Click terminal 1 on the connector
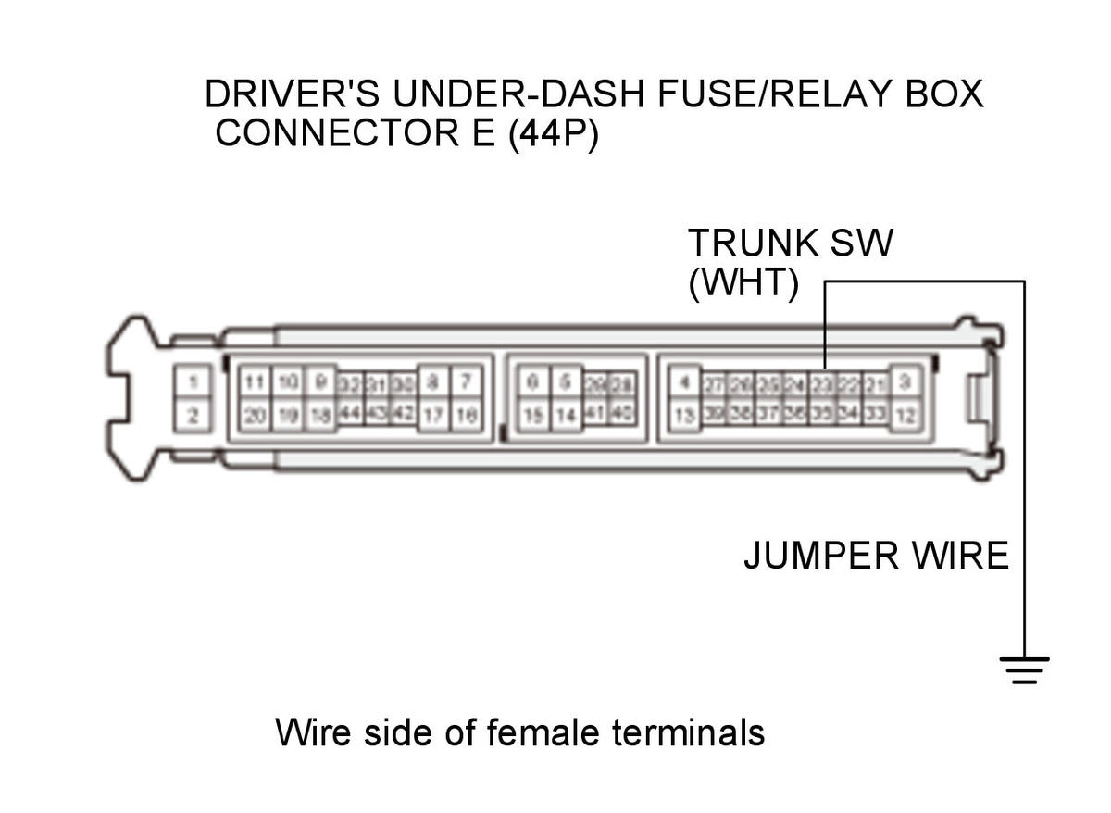[x=193, y=381]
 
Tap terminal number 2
[x=193, y=416]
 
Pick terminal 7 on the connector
[x=466, y=381]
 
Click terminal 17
[x=434, y=416]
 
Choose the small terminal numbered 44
[x=349, y=414]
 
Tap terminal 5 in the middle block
[x=564, y=381]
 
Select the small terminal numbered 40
[x=622, y=414]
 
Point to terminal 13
[x=683, y=416]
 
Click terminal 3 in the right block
[x=906, y=381]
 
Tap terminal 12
[x=906, y=416]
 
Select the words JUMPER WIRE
[x=875, y=557]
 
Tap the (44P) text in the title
[x=554, y=133]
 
